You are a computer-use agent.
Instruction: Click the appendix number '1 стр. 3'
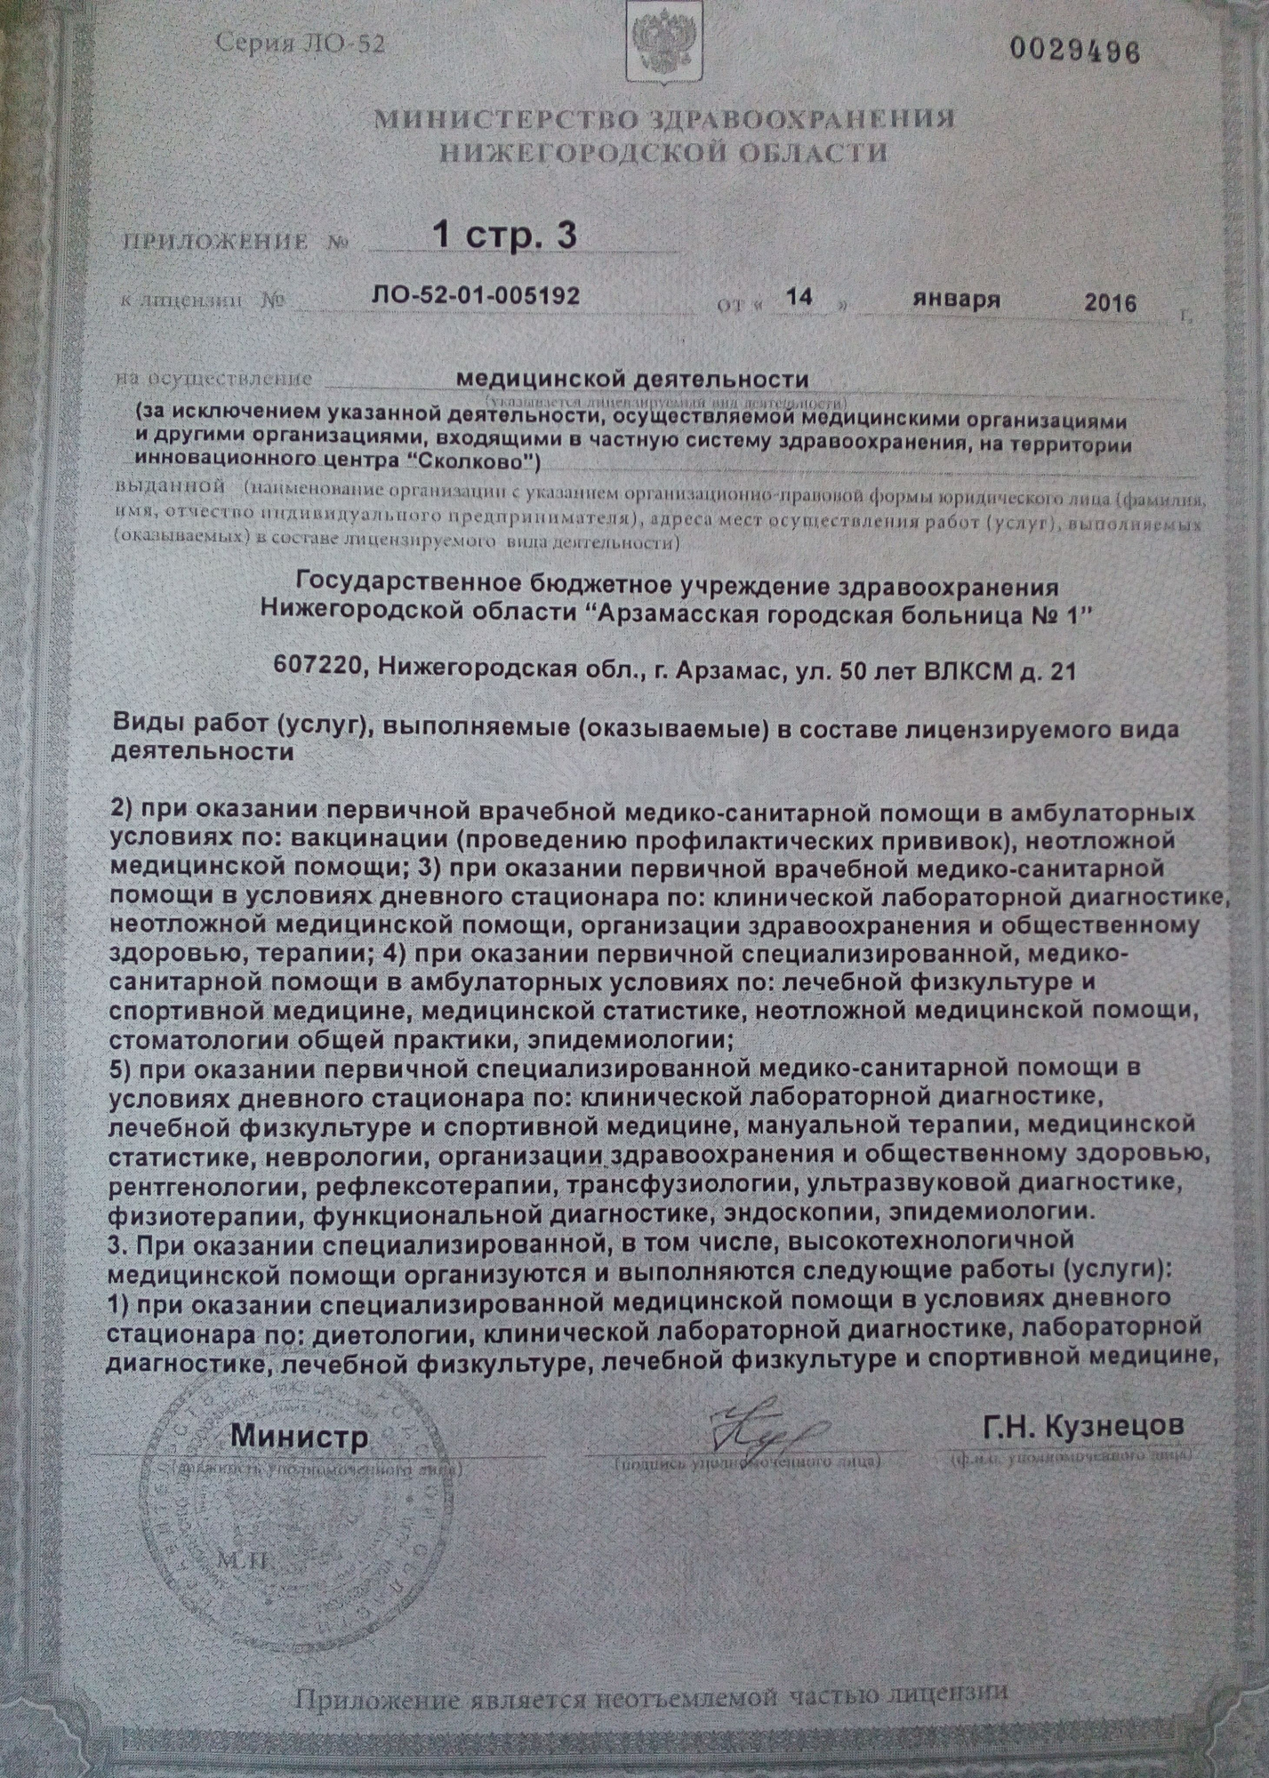(503, 235)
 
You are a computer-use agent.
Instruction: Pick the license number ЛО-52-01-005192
(476, 295)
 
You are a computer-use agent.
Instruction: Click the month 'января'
(955, 299)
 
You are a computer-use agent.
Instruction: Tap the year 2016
(1110, 303)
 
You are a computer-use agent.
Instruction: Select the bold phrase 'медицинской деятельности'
(631, 380)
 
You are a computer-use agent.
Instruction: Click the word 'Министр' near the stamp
(300, 1435)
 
